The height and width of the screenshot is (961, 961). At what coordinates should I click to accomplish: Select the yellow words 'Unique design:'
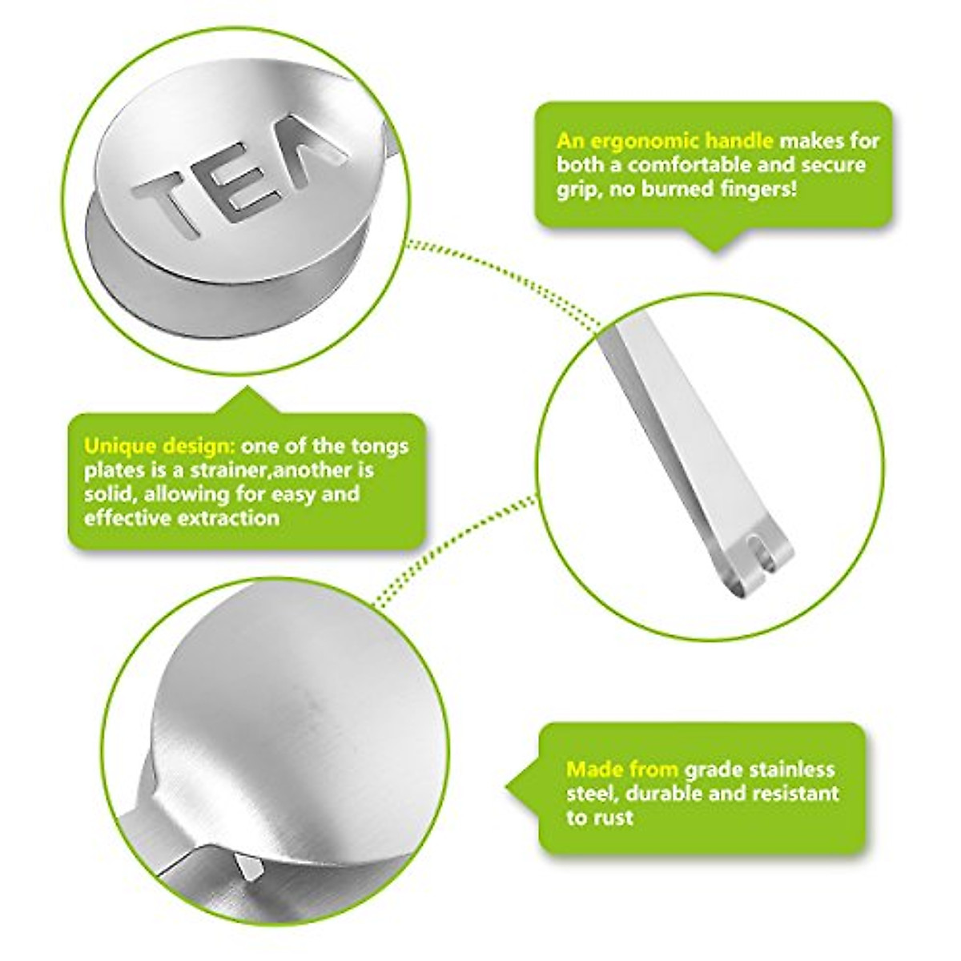pos(159,445)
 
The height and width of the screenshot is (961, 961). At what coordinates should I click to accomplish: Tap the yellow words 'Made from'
pos(621,770)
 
